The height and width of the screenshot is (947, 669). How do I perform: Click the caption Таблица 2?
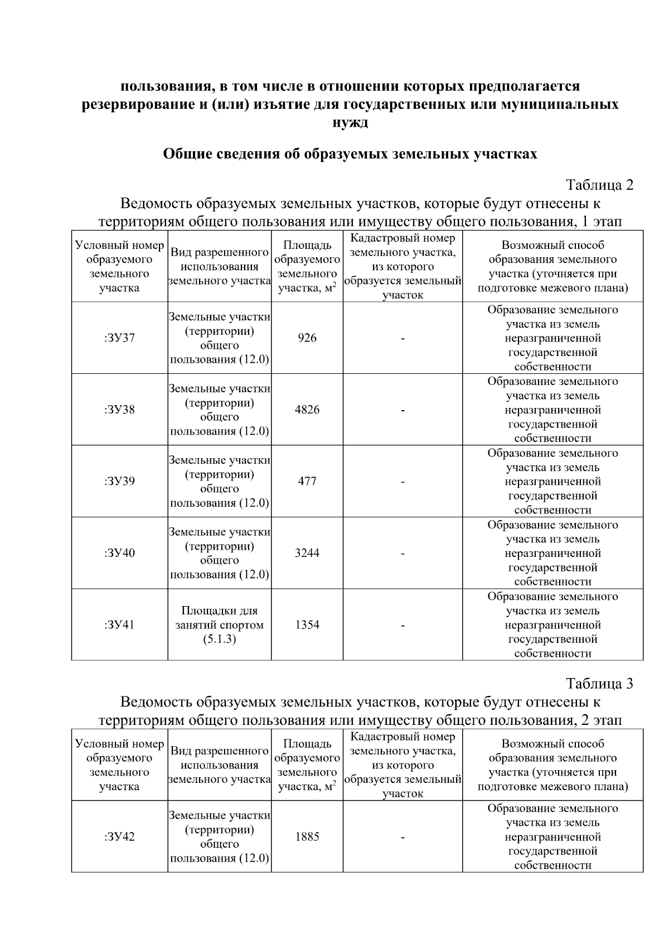click(x=599, y=185)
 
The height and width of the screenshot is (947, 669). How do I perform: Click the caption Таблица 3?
click(x=599, y=684)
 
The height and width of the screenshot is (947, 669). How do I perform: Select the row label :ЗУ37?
click(x=119, y=338)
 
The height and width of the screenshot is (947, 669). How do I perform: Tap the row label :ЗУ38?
click(x=119, y=410)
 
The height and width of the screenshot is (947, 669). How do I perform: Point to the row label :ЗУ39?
click(x=119, y=481)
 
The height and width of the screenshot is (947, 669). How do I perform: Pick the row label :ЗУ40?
click(x=119, y=553)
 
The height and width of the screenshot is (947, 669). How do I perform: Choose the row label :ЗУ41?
click(x=119, y=624)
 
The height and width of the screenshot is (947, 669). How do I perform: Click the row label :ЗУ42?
click(x=119, y=837)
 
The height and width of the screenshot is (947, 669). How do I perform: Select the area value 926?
click(x=307, y=338)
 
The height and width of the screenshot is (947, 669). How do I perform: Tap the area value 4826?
click(x=307, y=410)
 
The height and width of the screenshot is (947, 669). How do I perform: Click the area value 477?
click(x=307, y=481)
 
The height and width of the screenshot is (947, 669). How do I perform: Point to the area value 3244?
click(x=307, y=553)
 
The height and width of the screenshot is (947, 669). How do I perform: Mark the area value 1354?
click(x=307, y=624)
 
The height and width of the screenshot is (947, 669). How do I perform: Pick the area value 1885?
click(x=307, y=837)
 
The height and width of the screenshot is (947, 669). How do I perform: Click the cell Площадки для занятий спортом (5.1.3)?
click(x=220, y=624)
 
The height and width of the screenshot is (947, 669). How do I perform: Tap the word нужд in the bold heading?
click(x=350, y=123)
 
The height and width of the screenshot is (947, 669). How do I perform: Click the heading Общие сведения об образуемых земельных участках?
click(x=350, y=154)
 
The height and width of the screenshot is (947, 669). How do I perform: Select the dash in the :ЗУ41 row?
click(x=403, y=625)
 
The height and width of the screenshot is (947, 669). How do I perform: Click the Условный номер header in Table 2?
click(x=119, y=267)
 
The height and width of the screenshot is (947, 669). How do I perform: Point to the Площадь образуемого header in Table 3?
click(x=307, y=765)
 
